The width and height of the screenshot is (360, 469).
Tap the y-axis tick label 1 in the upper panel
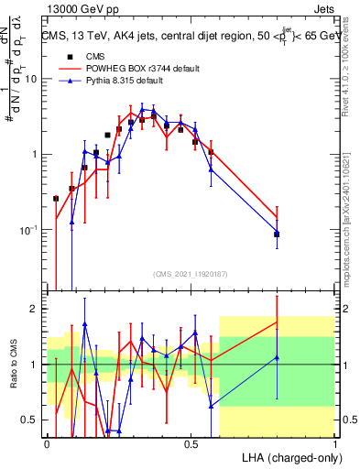point(34,154)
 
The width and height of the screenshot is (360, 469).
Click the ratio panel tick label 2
point(34,309)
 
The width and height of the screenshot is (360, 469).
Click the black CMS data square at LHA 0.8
point(277,234)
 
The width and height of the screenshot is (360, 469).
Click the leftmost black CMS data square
point(56,198)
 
